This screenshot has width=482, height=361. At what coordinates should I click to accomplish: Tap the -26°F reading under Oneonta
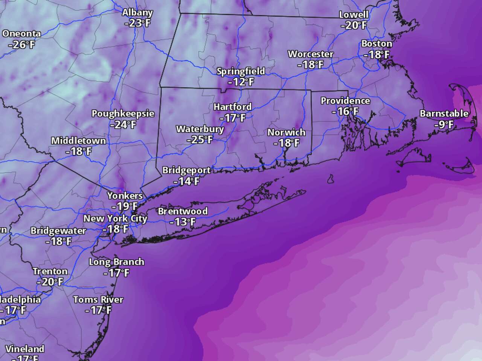pyautogui.click(x=21, y=45)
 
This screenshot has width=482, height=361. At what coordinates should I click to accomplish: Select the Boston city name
pyautogui.click(x=377, y=44)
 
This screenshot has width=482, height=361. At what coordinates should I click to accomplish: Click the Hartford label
pyautogui.click(x=232, y=107)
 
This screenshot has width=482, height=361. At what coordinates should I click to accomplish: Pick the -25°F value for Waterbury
pyautogui.click(x=200, y=140)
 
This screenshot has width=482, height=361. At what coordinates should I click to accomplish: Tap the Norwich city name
pyautogui.click(x=286, y=132)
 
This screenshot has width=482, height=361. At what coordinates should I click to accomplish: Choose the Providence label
pyautogui.click(x=345, y=101)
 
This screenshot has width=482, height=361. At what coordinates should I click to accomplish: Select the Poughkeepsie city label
pyautogui.click(x=123, y=114)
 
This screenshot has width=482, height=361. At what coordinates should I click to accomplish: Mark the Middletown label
pyautogui.click(x=78, y=141)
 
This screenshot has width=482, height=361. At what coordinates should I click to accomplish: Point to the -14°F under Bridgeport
pyautogui.click(x=186, y=181)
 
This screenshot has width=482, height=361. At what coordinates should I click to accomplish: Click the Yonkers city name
pyautogui.click(x=125, y=196)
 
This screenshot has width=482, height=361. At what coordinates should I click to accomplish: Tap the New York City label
pyautogui.click(x=115, y=218)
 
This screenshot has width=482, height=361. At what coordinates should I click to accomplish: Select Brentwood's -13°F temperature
pyautogui.click(x=182, y=222)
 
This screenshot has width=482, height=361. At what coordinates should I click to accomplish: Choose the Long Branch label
pyautogui.click(x=116, y=262)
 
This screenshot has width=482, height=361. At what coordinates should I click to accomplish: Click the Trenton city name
pyautogui.click(x=50, y=272)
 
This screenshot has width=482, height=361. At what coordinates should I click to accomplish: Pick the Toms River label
pyautogui.click(x=98, y=300)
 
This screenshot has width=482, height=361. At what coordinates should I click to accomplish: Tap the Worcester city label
pyautogui.click(x=311, y=54)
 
